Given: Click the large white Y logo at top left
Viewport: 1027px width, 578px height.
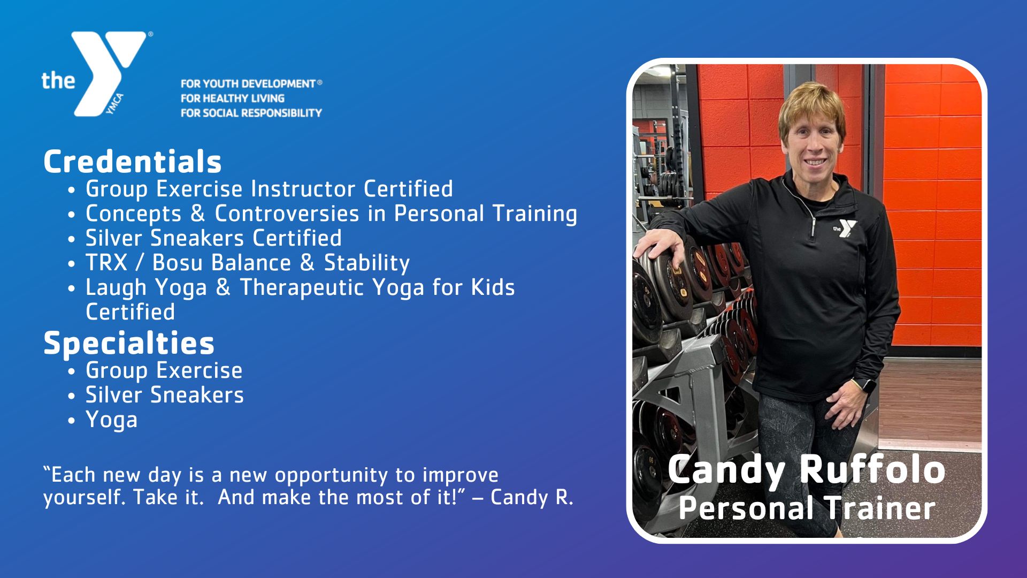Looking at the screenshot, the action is pyautogui.click(x=110, y=70).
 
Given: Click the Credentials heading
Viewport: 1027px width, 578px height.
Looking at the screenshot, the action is pyautogui.click(x=132, y=161).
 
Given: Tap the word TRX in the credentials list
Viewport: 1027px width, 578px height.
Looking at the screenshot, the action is pyautogui.click(x=106, y=263).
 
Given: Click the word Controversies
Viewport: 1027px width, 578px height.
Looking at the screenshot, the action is pyautogui.click(x=287, y=214).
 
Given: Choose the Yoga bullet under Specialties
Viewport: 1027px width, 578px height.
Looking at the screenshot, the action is pyautogui.click(x=111, y=420).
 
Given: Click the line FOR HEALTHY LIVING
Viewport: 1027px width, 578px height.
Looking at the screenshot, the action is pyautogui.click(x=232, y=98).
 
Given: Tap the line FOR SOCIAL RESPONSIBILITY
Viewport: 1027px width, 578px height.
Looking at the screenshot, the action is pyautogui.click(x=251, y=113).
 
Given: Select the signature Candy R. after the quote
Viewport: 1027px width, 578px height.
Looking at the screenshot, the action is pyautogui.click(x=532, y=497).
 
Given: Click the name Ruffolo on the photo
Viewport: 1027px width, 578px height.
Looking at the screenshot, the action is pyautogui.click(x=872, y=470).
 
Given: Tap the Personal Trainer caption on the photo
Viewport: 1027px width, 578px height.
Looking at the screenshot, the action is pyautogui.click(x=807, y=508).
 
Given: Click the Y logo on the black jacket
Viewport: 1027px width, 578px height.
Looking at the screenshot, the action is pyautogui.click(x=846, y=229).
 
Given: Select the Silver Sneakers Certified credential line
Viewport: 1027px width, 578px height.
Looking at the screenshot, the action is pyautogui.click(x=213, y=238).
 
